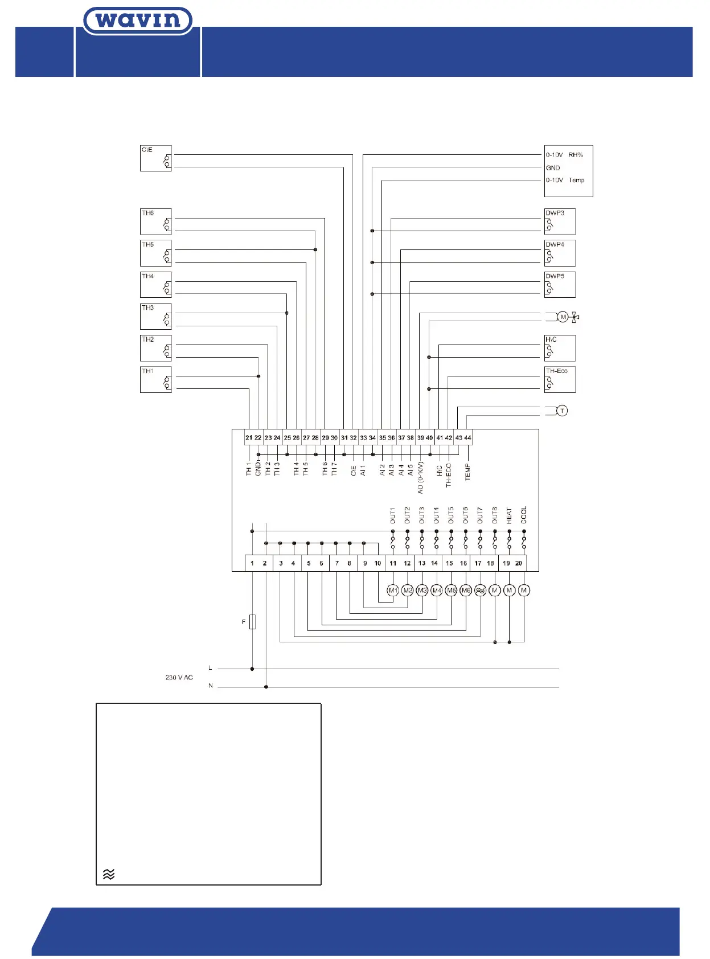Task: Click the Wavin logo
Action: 138,21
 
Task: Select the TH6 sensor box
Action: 156,222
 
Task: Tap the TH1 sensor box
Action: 156,379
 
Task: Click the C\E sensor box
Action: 156,158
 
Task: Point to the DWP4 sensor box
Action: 560,253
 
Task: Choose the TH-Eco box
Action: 560,379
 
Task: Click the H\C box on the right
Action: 560,348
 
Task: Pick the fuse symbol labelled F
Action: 252,622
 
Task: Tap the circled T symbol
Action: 562,411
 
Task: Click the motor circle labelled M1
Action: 393,591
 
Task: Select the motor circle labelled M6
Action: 466,591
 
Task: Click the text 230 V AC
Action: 179,678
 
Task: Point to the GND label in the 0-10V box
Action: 553,168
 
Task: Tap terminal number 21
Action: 249,437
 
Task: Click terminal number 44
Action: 467,437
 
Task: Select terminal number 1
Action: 252,563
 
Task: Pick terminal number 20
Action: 519,563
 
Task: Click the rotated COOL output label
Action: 524,515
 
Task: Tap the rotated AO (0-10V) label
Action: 421,477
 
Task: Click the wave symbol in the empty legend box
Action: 109,874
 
